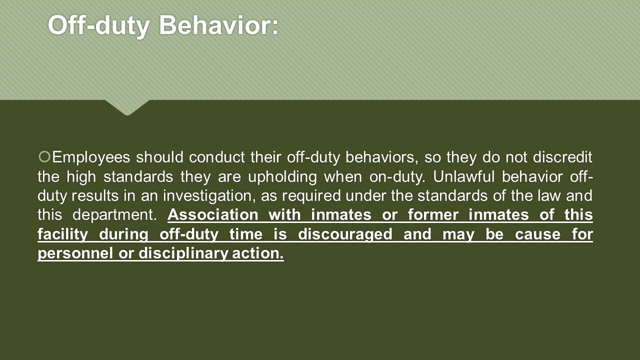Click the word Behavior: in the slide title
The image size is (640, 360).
click(218, 25)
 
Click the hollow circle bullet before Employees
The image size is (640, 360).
click(44, 156)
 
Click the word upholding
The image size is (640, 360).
click(282, 177)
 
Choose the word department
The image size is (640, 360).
click(114, 215)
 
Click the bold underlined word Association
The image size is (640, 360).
click(213, 214)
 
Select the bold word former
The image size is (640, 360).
click(433, 214)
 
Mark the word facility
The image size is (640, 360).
click(62, 234)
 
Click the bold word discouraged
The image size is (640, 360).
click(345, 234)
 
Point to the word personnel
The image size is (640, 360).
click(75, 253)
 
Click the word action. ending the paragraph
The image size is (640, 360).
click(258, 253)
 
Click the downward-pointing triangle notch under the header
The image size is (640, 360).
click(127, 107)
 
